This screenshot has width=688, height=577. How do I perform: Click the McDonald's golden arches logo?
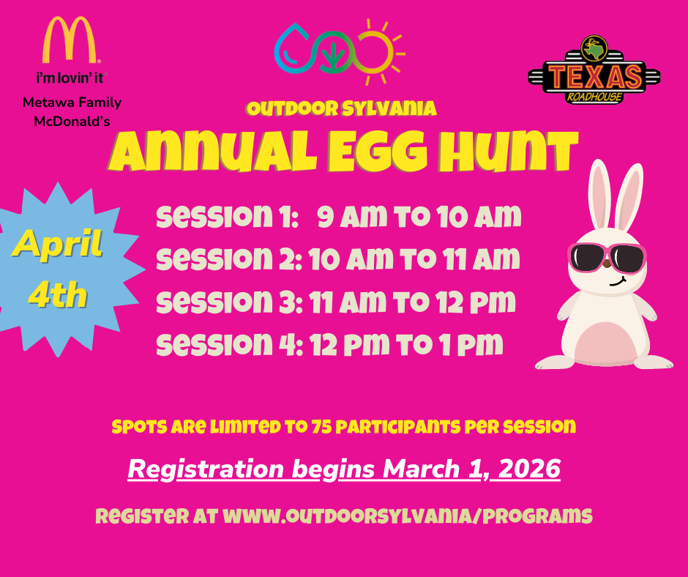[71, 40]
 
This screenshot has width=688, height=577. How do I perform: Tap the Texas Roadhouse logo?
[594, 71]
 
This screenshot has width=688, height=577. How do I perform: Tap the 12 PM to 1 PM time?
[405, 344]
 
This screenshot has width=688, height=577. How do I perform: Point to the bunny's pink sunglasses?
[607, 257]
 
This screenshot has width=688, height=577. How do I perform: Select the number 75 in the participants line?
[323, 427]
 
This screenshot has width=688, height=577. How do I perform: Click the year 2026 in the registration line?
[529, 469]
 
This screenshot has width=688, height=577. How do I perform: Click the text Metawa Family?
[72, 103]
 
